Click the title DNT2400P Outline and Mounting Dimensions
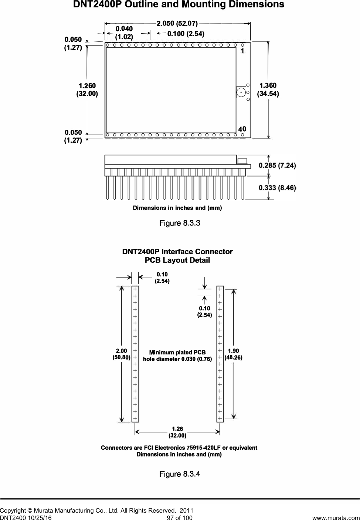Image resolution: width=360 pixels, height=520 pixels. point(179,5)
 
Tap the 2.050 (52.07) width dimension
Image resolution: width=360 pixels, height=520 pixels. point(177,24)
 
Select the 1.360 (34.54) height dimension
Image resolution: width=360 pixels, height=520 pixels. point(268,90)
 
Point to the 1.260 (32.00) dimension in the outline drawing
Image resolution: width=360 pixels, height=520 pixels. point(87,90)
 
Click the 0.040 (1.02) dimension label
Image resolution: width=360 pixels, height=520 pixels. point(124,33)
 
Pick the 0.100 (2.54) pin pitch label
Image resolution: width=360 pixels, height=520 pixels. point(186,34)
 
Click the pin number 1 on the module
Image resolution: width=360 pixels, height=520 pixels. point(242,51)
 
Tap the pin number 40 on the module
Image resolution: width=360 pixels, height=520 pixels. point(242,129)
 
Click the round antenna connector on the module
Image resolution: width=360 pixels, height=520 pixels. point(241,92)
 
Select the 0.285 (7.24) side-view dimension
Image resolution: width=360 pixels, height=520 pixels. point(277,165)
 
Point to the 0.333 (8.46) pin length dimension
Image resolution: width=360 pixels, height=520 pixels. point(277,188)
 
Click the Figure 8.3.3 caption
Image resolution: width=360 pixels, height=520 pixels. point(180,223)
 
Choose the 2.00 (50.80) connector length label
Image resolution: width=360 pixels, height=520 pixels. point(121,354)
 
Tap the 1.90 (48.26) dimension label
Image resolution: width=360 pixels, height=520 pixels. point(233,354)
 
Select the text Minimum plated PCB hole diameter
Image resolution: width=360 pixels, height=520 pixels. point(177,356)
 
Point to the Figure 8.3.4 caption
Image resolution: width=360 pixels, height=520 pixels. point(180,474)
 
